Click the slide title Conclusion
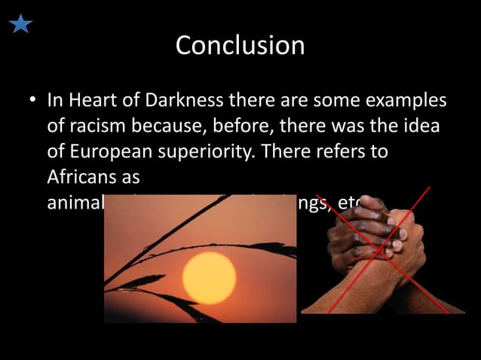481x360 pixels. pyautogui.click(x=240, y=46)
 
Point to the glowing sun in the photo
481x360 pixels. pyautogui.click(x=209, y=277)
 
